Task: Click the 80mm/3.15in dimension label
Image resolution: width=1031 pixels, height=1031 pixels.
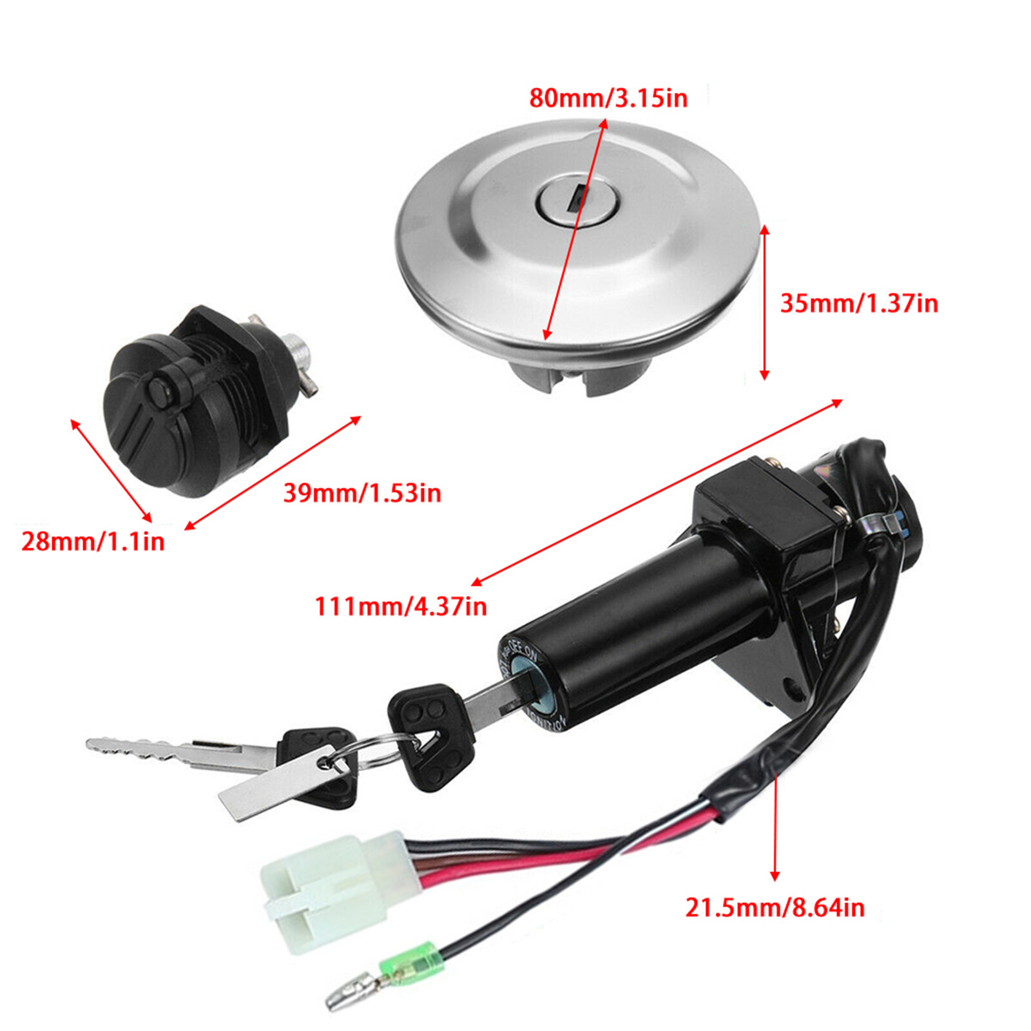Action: pos(608,98)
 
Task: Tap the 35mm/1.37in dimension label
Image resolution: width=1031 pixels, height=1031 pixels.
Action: pos(859,303)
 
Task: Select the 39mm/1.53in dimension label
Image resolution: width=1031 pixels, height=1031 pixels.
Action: pos(362,493)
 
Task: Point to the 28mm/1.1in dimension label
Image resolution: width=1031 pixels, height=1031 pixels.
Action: pos(93,541)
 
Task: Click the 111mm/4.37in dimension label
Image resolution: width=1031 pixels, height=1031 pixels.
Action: pos(400,606)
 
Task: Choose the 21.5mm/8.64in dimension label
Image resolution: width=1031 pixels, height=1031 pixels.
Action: pos(775,907)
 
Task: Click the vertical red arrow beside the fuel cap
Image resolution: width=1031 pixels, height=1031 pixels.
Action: pos(764,303)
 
